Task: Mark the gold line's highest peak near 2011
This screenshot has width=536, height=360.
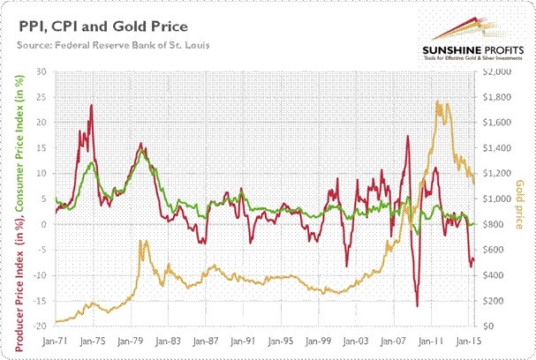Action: (x=439, y=101)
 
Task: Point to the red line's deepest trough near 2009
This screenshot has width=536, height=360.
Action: (x=417, y=306)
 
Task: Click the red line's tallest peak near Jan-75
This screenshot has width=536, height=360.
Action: (x=92, y=106)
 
